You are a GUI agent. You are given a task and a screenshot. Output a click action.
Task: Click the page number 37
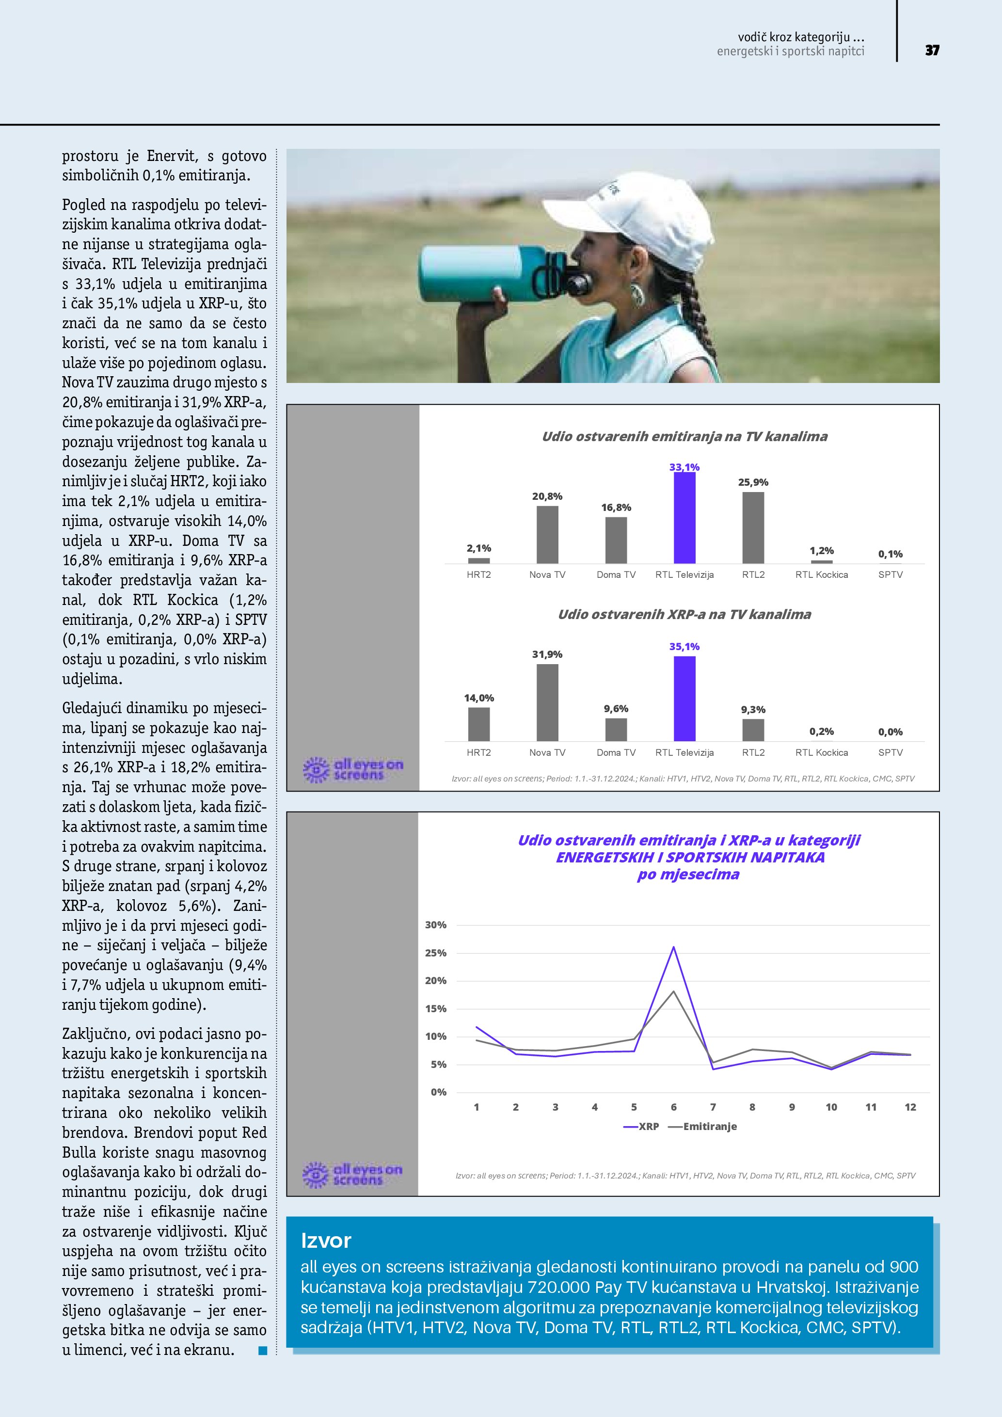tap(932, 50)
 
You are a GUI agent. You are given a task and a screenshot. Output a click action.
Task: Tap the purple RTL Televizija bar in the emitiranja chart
tap(684, 518)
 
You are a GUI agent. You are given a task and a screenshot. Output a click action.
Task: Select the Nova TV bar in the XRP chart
tap(547, 702)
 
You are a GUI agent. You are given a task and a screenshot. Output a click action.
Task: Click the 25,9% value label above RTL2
tap(753, 482)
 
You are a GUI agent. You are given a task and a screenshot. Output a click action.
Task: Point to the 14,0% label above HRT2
tap(479, 698)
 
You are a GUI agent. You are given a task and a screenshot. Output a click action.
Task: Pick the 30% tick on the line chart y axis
tap(436, 925)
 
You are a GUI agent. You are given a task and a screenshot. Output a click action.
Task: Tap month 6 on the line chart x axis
tap(673, 1107)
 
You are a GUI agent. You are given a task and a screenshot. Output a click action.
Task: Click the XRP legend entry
tap(642, 1126)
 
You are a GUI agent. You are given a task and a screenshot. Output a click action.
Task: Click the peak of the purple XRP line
tap(673, 947)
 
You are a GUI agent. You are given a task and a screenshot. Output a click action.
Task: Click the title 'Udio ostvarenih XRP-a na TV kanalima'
tap(684, 615)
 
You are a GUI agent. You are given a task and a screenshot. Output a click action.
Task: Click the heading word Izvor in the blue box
tap(326, 1241)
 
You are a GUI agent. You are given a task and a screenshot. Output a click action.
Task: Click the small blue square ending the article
tap(263, 1351)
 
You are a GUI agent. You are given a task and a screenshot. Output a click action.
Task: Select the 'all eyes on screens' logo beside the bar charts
tap(353, 770)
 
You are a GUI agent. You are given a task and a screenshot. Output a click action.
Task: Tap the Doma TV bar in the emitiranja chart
tap(616, 540)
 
